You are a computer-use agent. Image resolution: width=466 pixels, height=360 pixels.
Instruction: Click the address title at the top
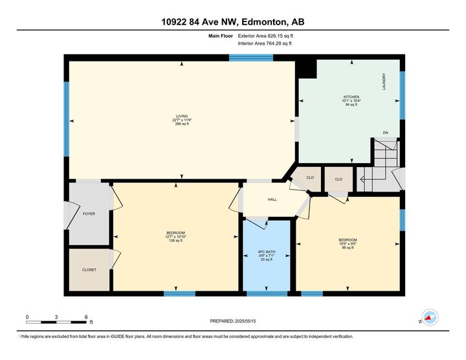[232, 22]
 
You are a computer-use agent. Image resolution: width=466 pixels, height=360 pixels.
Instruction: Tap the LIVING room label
[181, 116]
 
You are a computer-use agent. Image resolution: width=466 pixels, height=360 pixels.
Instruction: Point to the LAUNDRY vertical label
[384, 81]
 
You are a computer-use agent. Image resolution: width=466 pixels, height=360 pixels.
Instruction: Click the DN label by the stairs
[385, 133]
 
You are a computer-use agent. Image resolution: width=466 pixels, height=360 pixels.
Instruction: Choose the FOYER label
[89, 213]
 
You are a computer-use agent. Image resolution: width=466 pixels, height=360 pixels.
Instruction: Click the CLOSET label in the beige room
[89, 269]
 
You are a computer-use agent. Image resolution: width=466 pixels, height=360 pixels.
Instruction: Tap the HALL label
[272, 199]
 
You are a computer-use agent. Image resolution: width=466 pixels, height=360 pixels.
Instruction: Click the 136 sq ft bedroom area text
[176, 241]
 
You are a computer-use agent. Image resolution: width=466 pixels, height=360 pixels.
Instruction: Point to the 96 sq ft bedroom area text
[348, 248]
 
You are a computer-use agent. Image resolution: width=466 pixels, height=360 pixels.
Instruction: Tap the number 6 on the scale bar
[86, 317]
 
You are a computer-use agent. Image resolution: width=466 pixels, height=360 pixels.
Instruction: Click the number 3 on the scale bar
[57, 317]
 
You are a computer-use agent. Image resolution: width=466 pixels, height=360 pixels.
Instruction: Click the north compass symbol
[429, 318]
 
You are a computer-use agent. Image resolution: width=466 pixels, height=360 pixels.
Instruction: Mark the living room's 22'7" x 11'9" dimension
[181, 120]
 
